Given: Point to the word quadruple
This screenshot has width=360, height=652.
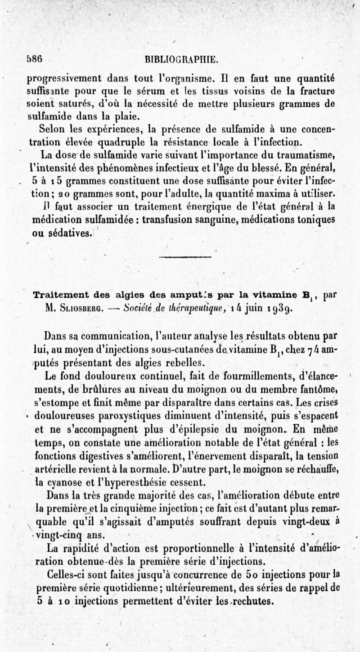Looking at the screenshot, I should (103, 143).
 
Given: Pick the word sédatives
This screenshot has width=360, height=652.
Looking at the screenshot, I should (71, 233).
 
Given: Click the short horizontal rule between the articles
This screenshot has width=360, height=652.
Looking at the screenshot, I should (185, 256).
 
